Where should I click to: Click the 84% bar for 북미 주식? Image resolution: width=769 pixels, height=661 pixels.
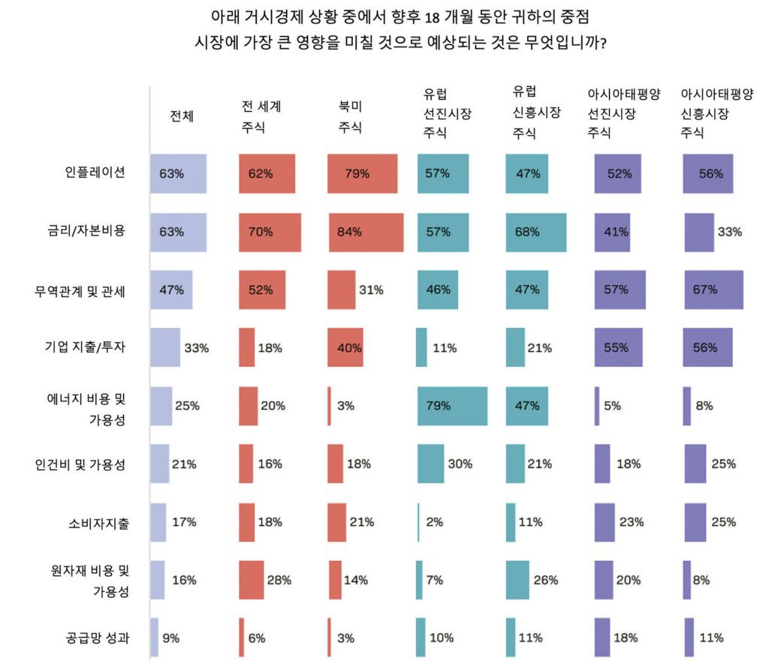point(366,232)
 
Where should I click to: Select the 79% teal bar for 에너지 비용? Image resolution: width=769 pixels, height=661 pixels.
point(452,406)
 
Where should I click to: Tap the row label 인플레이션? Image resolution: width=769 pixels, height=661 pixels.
point(93,173)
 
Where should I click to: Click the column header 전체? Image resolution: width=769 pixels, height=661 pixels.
point(182,116)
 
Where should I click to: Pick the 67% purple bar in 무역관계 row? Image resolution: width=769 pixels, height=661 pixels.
point(713,290)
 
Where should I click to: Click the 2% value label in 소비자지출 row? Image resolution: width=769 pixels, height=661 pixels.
point(435,522)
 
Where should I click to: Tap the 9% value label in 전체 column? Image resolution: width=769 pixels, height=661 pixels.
point(171,638)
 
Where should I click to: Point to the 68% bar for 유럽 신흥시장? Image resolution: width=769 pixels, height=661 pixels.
point(535,232)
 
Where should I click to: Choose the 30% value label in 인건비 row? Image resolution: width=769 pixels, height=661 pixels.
point(460,464)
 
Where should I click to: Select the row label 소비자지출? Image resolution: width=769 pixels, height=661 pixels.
point(98,522)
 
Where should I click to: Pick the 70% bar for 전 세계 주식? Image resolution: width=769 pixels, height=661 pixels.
point(270,232)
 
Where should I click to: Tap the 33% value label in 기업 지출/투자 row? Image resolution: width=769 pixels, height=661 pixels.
point(196,348)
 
